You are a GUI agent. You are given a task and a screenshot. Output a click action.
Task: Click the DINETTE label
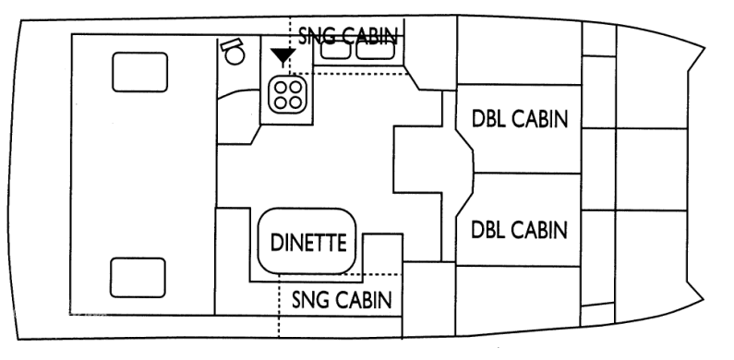(307, 243)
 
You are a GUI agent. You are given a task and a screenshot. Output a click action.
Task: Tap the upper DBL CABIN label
(518, 120)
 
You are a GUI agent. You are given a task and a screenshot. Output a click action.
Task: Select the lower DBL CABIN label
(518, 228)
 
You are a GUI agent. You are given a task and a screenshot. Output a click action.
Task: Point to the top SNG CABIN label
(349, 35)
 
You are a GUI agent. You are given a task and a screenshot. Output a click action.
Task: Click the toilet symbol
(233, 52)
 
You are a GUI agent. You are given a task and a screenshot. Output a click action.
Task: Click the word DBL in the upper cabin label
(487, 120)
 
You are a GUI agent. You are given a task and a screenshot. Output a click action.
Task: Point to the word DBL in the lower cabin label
(487, 228)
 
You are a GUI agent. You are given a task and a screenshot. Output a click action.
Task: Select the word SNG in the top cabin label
(318, 35)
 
